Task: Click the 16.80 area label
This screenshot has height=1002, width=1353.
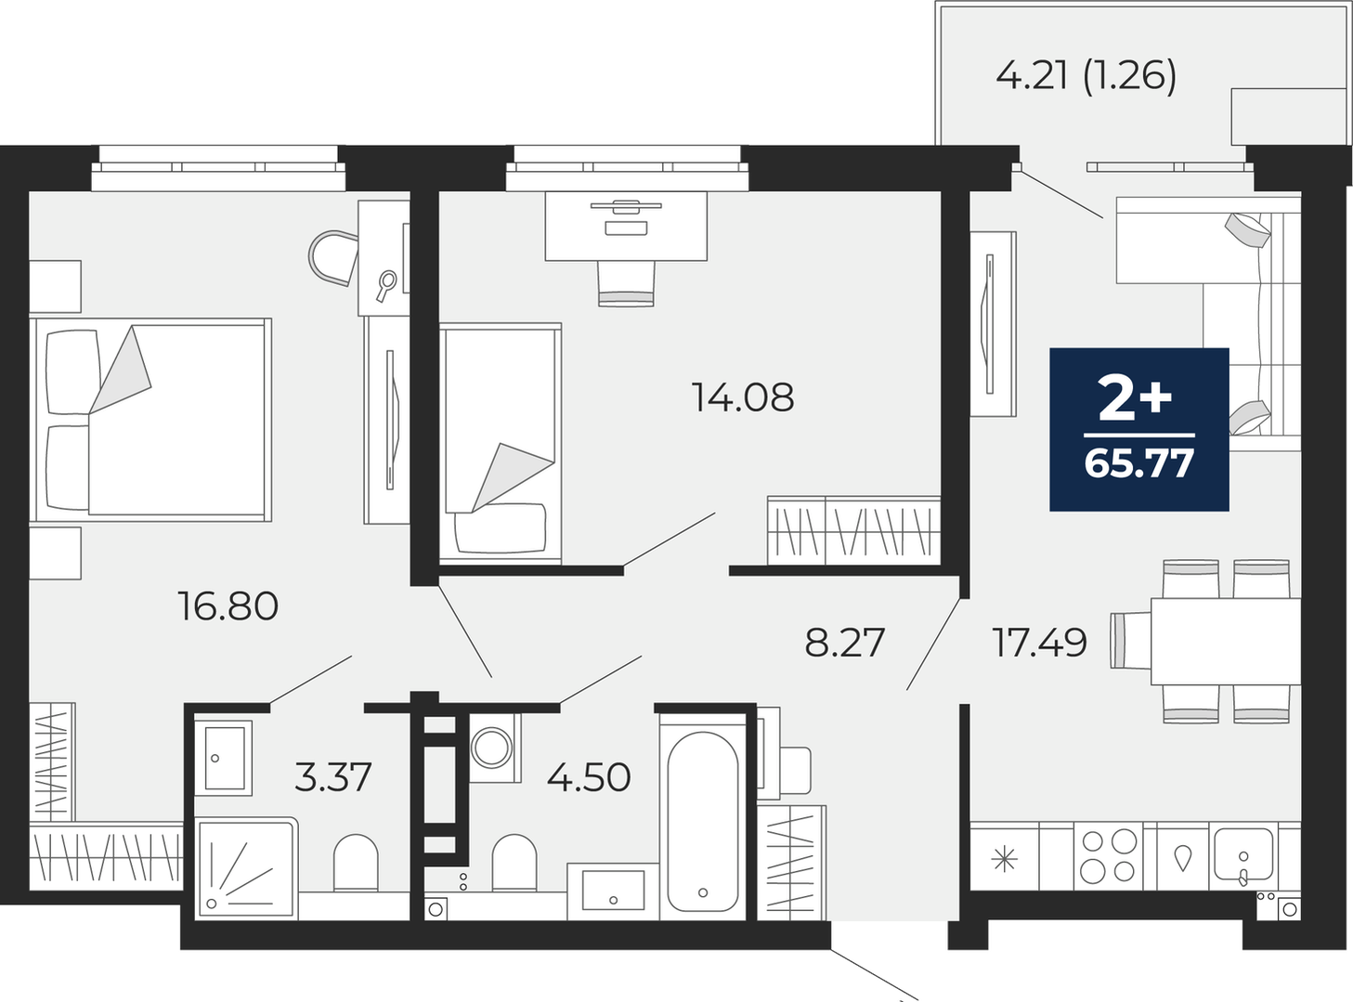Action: click(228, 606)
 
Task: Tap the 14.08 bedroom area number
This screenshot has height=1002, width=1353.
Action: click(742, 397)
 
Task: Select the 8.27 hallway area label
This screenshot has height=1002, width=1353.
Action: click(844, 642)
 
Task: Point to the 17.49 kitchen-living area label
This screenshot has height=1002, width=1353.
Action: click(1039, 642)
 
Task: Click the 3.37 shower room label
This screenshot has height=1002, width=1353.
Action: click(332, 777)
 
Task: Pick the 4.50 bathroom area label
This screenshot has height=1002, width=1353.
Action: click(589, 777)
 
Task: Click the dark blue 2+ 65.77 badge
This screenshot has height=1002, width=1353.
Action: click(1138, 429)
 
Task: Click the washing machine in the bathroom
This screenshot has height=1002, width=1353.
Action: click(495, 748)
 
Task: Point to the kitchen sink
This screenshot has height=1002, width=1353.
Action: click(1242, 855)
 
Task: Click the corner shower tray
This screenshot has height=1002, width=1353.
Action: click(246, 868)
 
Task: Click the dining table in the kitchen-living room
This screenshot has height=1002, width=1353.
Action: click(1226, 642)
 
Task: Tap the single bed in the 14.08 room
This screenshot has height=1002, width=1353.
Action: click(501, 443)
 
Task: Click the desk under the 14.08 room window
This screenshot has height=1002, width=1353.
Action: click(626, 227)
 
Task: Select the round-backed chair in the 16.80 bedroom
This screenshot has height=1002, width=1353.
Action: click(333, 257)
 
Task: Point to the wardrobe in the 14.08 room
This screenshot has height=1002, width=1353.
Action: click(854, 529)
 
